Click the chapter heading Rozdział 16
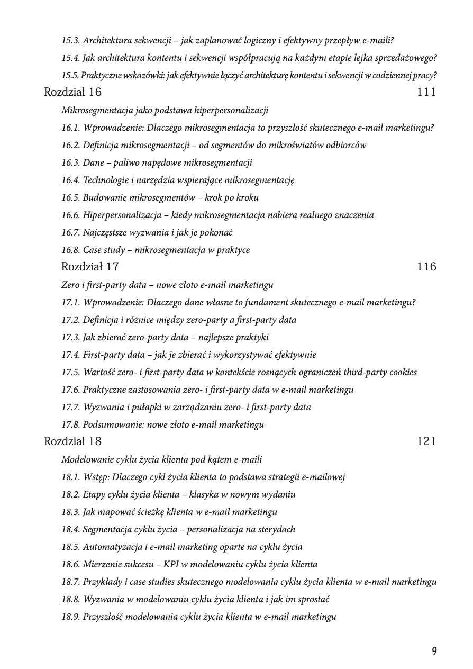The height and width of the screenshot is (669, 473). tap(72, 92)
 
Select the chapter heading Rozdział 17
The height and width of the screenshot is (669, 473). tap(90, 267)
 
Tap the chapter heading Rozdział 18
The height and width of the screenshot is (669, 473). tap(72, 441)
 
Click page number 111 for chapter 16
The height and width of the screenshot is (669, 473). tap(426, 92)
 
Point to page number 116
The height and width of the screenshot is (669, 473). tap(426, 267)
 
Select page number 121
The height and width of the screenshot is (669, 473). tap(426, 441)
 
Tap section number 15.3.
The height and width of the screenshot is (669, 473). tap(70, 40)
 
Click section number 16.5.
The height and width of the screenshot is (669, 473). tap(70, 197)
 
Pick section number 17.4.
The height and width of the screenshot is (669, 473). tap(70, 355)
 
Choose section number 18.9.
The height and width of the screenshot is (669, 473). tap(70, 617)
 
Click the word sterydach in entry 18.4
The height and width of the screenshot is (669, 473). tap(276, 529)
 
